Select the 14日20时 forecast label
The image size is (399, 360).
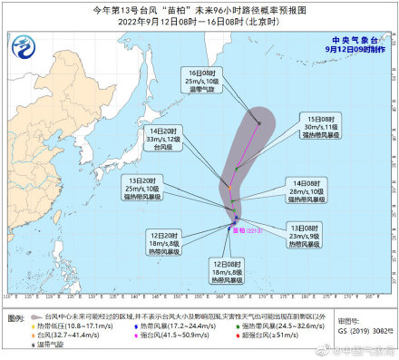[160, 137]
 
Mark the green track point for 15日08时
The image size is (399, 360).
[236, 169]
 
